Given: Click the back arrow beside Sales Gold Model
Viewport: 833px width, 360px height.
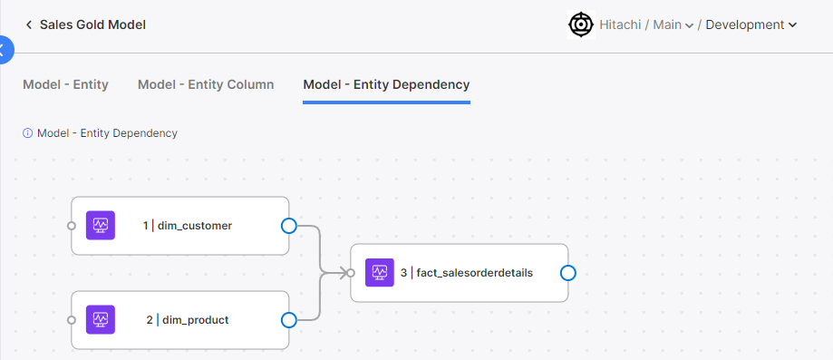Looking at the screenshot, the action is click(x=29, y=25).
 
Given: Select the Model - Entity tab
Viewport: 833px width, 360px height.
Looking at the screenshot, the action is click(x=65, y=84).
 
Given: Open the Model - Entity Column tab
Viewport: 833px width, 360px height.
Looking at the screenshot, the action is click(x=206, y=84).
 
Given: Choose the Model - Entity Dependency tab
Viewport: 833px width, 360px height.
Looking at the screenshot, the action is click(x=386, y=84).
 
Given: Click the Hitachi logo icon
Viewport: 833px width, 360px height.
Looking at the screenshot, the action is click(x=581, y=25).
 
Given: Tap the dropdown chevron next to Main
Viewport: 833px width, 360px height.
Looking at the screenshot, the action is click(x=689, y=25).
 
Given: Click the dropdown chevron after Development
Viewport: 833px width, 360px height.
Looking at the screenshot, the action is click(x=792, y=25).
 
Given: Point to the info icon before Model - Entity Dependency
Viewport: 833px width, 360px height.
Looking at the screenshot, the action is click(x=27, y=133).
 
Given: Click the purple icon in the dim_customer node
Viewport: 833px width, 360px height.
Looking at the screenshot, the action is click(x=101, y=226).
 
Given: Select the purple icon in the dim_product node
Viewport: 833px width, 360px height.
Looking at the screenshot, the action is click(x=101, y=319).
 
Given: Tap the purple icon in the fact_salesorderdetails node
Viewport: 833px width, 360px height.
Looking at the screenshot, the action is click(x=379, y=273).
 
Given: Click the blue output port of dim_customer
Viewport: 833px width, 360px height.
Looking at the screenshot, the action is click(x=288, y=226).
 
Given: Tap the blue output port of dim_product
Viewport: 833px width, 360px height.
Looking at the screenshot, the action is click(x=288, y=320).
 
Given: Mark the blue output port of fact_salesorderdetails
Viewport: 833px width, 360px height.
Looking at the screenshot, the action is click(x=568, y=273).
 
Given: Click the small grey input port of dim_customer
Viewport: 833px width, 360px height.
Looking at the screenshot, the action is click(x=72, y=226).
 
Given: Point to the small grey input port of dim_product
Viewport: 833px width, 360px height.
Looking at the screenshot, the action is click(x=72, y=320).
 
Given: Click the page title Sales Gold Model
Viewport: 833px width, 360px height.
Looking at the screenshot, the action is click(x=93, y=25).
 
